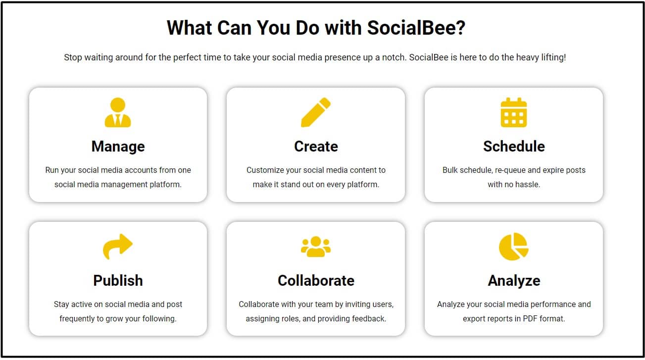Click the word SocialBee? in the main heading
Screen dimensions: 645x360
(416, 28)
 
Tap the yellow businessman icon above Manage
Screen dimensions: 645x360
(118, 112)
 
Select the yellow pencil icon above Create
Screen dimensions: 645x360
(316, 112)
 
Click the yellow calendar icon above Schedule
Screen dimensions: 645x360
(514, 112)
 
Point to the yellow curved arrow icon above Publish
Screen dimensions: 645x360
(118, 246)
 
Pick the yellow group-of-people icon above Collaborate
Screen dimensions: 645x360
(316, 247)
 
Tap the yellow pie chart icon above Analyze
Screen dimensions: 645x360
(514, 247)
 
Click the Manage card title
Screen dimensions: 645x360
(118, 146)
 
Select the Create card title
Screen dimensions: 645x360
(316, 146)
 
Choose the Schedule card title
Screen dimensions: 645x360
(514, 146)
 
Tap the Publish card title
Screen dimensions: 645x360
(118, 280)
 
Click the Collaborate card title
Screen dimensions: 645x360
(316, 280)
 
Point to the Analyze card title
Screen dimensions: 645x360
(514, 281)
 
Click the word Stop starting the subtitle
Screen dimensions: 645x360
(73, 57)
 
